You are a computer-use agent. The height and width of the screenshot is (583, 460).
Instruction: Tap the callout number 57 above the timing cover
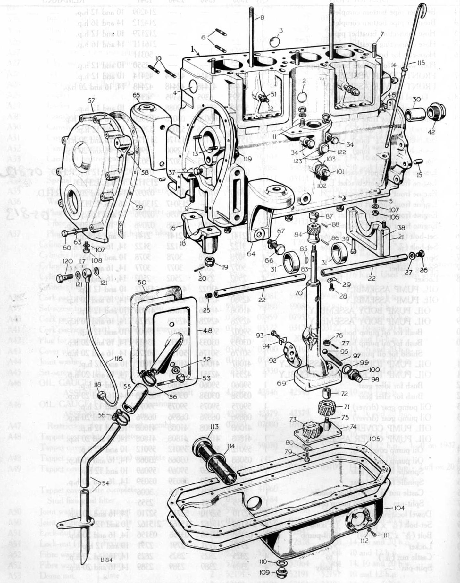(x=92, y=100)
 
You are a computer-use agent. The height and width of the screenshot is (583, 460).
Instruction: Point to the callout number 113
(x=214, y=427)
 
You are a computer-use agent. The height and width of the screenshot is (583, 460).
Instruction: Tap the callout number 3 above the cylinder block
(x=280, y=31)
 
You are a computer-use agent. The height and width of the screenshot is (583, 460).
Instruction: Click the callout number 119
(x=247, y=158)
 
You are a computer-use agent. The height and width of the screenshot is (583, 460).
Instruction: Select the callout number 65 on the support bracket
(x=136, y=95)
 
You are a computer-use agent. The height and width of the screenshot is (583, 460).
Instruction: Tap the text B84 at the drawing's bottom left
(x=105, y=560)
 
